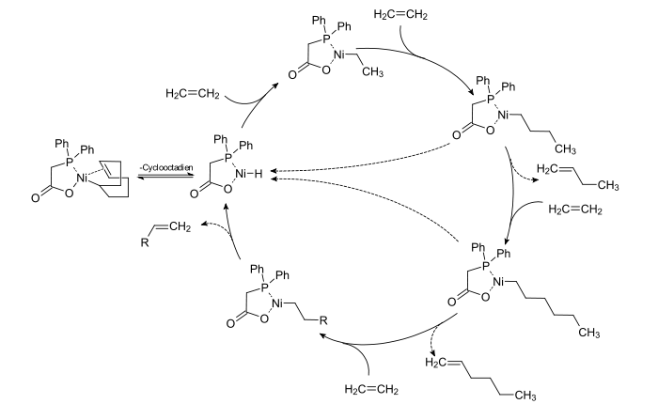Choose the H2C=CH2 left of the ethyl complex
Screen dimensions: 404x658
click(x=192, y=93)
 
